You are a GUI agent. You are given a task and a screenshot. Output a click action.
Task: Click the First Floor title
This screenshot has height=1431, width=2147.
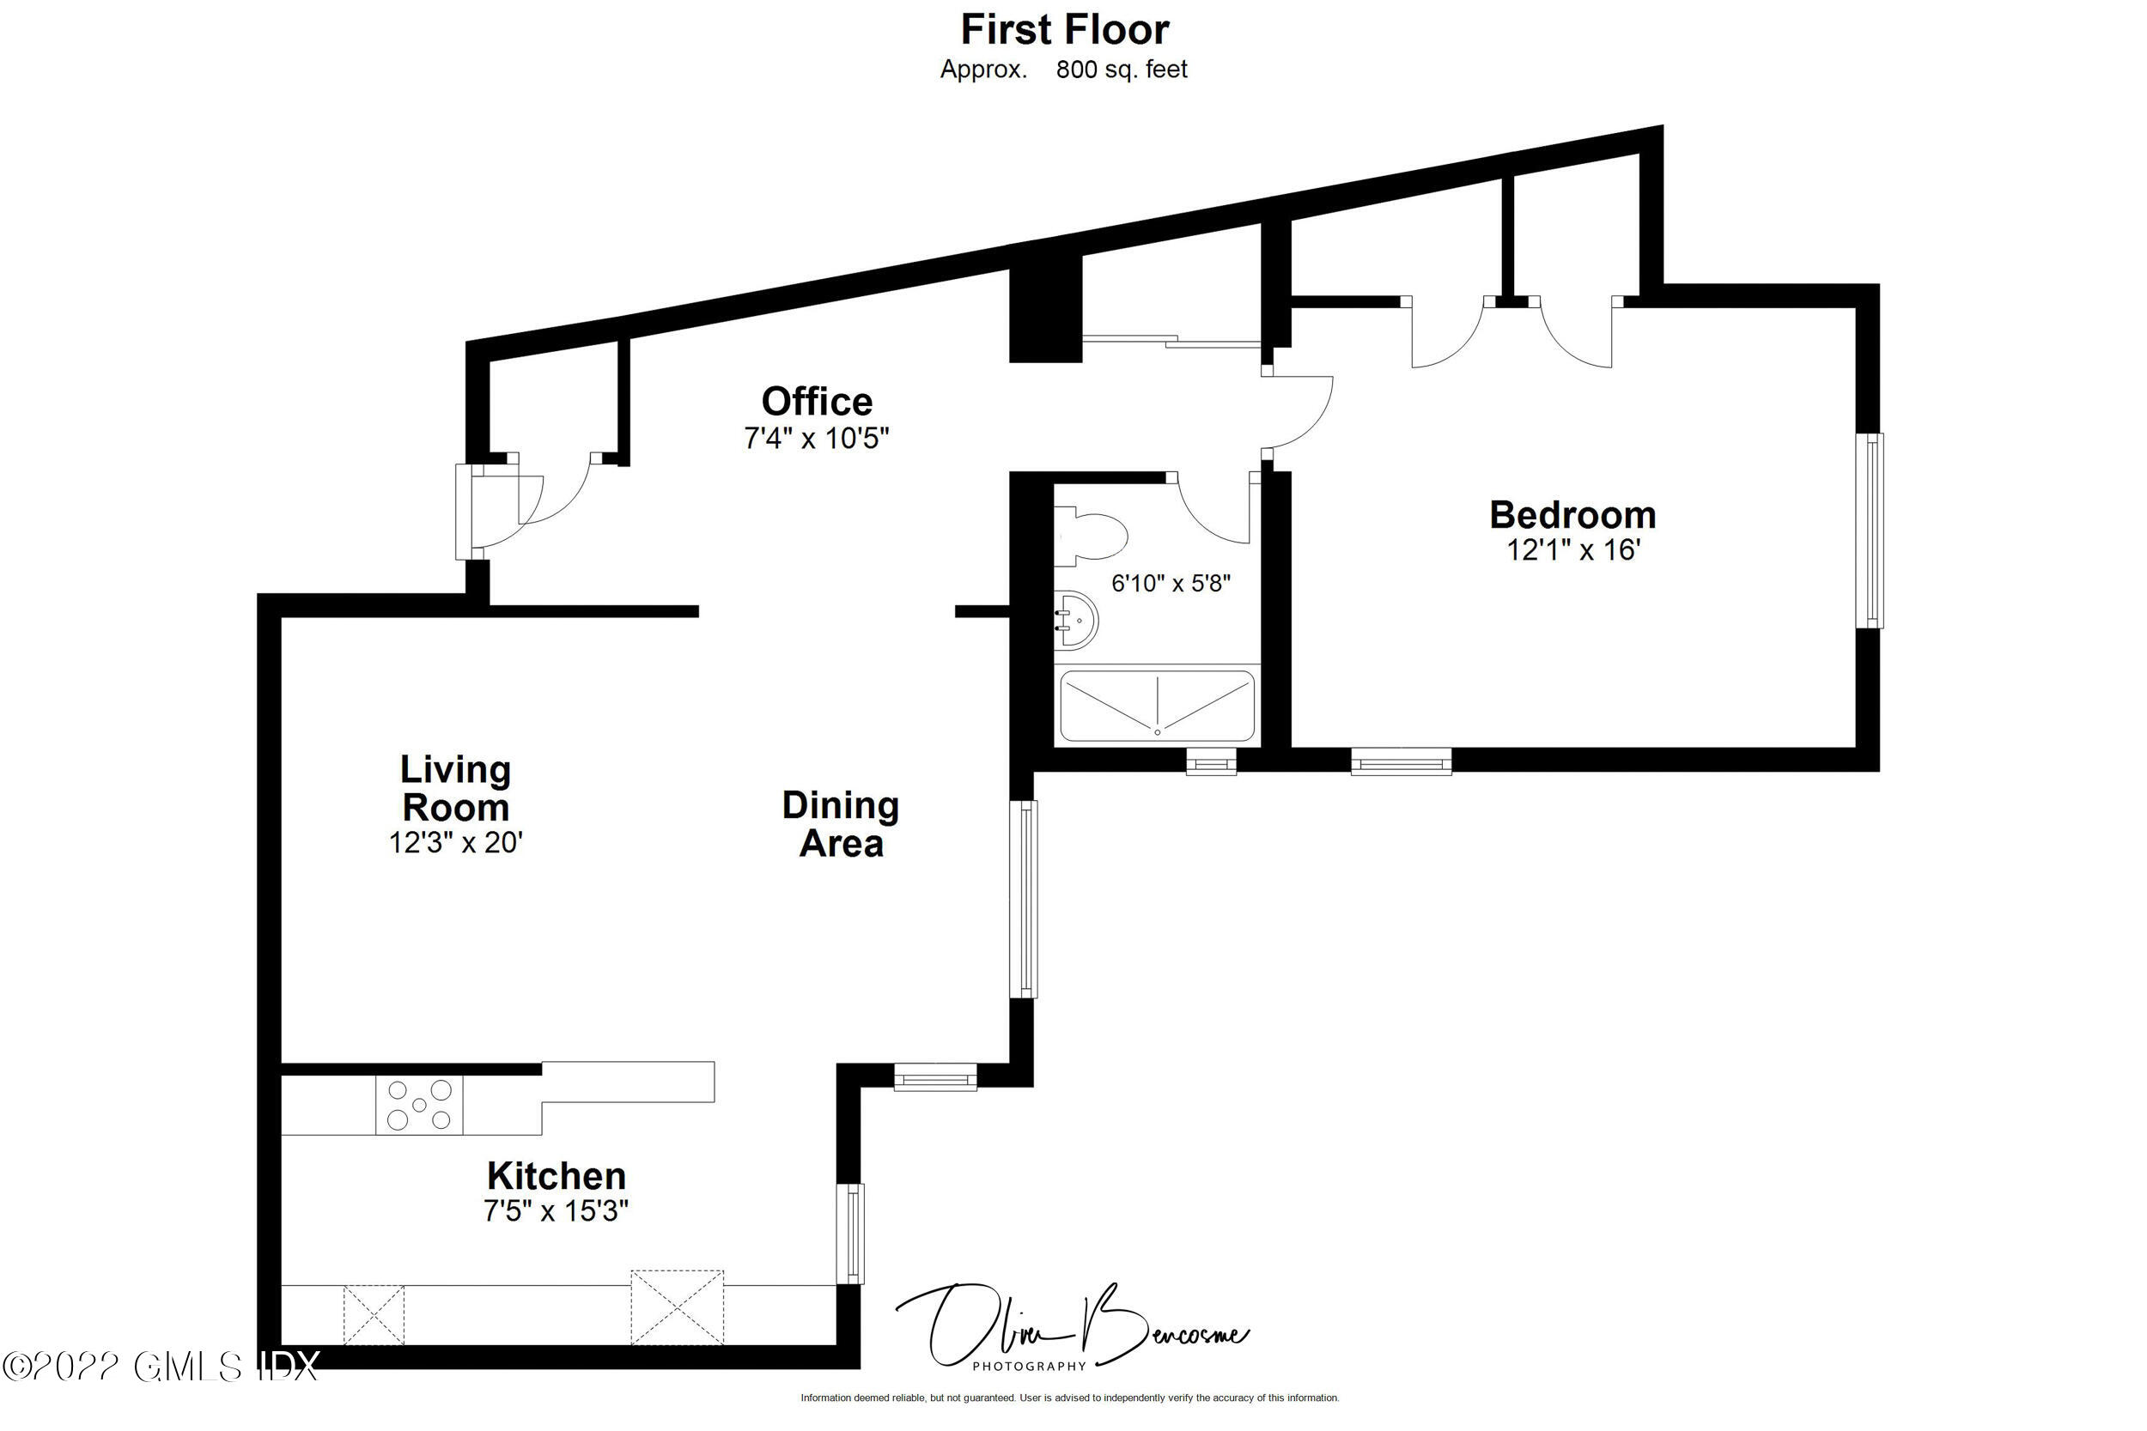click(1064, 30)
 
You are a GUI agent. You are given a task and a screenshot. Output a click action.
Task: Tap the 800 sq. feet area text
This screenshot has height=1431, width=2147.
click(1121, 70)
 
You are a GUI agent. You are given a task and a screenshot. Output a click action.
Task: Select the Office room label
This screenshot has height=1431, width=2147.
click(817, 402)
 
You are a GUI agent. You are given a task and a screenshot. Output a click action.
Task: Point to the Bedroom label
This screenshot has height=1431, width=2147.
click(1572, 515)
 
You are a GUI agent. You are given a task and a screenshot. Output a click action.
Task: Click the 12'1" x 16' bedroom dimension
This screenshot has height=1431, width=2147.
click(1572, 550)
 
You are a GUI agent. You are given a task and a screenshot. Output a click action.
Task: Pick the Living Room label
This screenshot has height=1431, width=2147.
click(455, 789)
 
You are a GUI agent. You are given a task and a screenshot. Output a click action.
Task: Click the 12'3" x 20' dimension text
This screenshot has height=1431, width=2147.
click(455, 842)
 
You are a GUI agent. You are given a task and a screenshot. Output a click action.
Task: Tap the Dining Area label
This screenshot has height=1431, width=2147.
click(841, 824)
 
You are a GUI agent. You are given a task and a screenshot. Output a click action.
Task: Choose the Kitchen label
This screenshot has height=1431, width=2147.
click(556, 1175)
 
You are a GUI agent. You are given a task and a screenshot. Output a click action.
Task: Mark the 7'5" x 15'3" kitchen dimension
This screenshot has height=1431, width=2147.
click(556, 1211)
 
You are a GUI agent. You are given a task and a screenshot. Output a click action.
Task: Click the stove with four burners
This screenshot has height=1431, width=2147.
click(419, 1105)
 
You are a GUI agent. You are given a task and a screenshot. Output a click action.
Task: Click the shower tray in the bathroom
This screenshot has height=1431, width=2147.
click(1157, 706)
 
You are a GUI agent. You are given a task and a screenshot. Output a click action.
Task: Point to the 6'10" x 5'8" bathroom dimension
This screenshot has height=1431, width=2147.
click(1171, 583)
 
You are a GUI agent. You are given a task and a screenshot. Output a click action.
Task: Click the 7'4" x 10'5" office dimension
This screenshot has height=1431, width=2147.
click(816, 439)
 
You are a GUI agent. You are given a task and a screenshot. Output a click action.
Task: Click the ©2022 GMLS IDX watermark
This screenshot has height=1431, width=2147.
click(161, 1367)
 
